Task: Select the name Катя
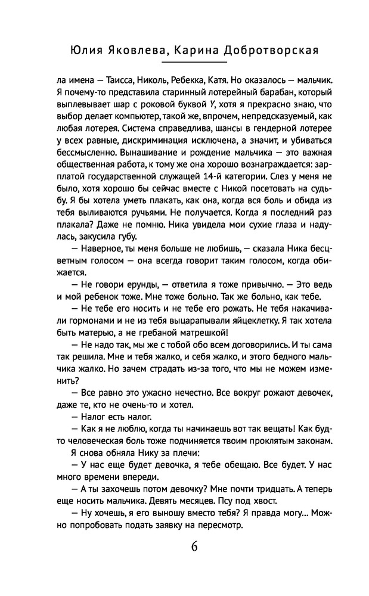[x=236, y=80]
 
